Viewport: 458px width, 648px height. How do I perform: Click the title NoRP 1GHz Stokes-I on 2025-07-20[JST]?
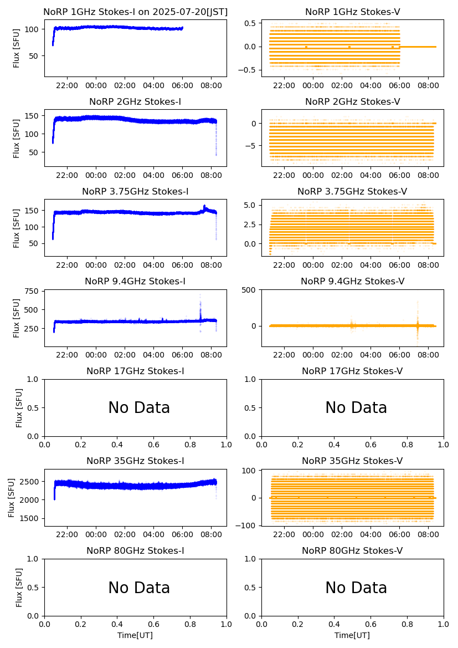coord(135,12)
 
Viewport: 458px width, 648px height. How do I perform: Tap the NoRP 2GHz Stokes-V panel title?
coord(352,101)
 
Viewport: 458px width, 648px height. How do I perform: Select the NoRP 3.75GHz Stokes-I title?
coord(135,191)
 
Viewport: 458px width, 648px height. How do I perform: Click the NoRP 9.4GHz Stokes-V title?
coord(352,281)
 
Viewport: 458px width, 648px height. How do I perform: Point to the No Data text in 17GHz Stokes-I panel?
coord(139,408)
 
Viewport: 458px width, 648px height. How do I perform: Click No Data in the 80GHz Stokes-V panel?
coord(356,588)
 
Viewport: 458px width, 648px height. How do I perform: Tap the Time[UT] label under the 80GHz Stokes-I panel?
coord(135,635)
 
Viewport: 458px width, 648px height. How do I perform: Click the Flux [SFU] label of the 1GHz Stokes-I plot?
coord(17,48)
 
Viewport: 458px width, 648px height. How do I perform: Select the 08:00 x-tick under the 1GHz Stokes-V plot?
coord(428,86)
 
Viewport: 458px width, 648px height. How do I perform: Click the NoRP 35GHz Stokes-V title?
coord(352,461)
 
